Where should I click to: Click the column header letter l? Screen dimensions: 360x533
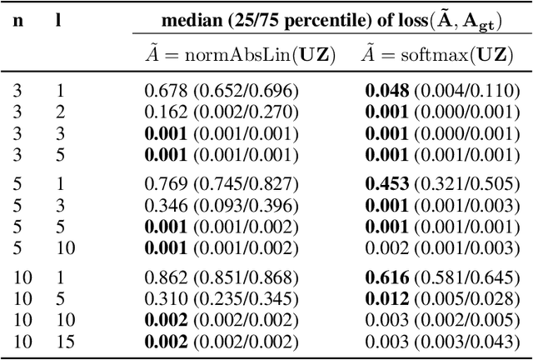[58, 20]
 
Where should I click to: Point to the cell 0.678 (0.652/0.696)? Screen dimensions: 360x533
[221, 92]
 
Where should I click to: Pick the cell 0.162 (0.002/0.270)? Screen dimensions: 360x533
[221, 112]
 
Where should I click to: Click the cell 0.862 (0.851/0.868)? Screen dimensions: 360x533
[221, 278]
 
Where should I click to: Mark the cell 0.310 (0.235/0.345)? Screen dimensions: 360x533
[221, 299]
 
